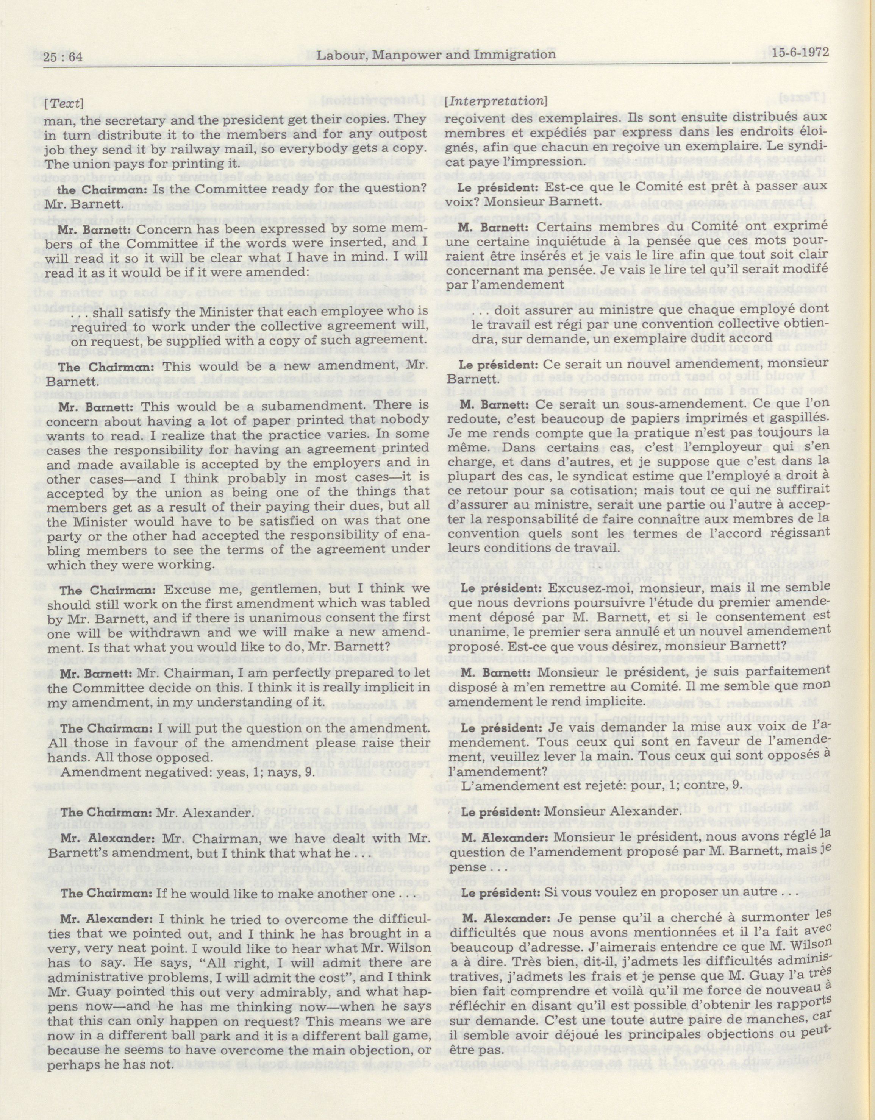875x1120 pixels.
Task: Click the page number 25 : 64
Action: (x=64, y=57)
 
